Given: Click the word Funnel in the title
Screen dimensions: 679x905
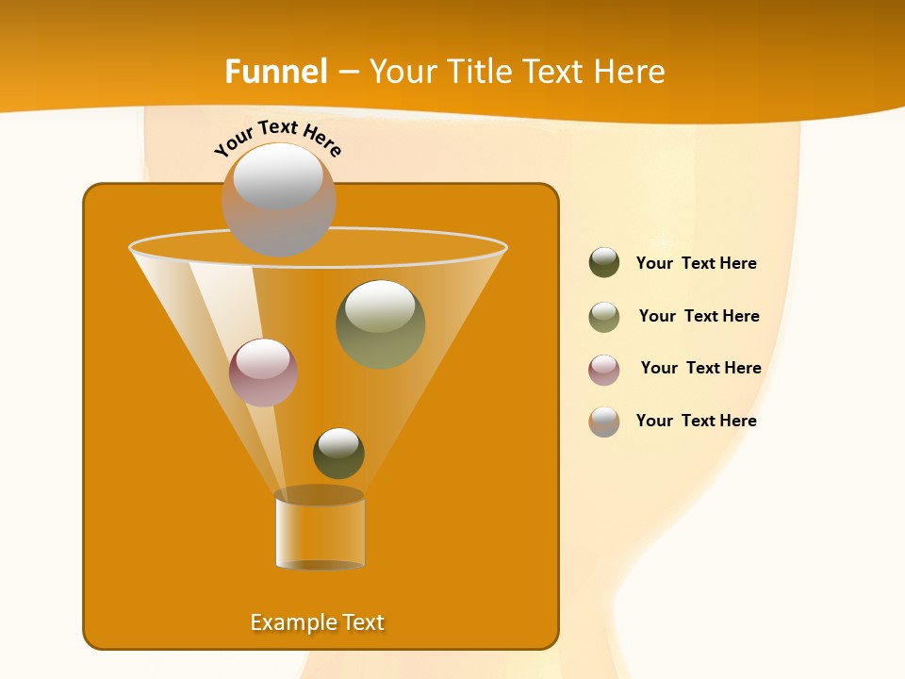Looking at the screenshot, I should tap(276, 72).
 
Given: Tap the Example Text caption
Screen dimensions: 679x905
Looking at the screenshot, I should tap(318, 622).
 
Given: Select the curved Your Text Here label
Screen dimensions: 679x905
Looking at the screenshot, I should tap(278, 138).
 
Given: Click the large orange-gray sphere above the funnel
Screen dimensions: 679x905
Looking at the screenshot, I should tap(278, 200).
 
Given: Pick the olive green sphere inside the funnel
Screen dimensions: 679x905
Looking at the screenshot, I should tap(381, 324).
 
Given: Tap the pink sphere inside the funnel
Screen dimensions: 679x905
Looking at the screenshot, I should tap(263, 373).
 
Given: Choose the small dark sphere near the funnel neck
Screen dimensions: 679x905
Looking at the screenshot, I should tap(338, 454).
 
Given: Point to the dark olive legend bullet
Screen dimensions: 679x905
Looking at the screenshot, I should tap(604, 263).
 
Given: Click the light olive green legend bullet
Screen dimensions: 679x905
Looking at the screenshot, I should tap(604, 317).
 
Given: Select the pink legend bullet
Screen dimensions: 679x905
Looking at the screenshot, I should tap(604, 369).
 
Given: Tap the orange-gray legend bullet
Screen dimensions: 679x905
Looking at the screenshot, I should tap(604, 422).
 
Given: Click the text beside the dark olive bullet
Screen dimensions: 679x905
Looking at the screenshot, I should tap(697, 263).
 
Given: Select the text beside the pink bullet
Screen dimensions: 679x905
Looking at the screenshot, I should tap(701, 368).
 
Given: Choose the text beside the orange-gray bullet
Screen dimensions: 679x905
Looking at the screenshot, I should tap(697, 421).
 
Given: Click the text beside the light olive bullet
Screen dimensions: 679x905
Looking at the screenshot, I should tap(699, 316).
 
